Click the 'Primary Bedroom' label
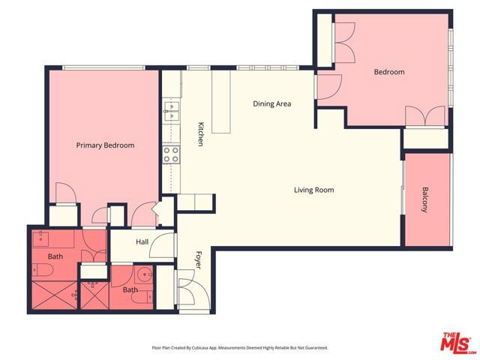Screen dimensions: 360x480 (x=105, y=145)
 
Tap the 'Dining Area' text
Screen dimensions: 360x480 (x=271, y=104)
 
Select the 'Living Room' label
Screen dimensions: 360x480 (x=313, y=190)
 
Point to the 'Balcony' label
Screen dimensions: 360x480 (x=424, y=199)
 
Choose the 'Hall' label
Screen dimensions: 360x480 (x=142, y=242)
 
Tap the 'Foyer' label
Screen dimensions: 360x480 (x=199, y=259)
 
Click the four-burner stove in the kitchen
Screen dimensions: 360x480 (x=171, y=154)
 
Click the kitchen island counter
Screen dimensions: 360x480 (x=221, y=102)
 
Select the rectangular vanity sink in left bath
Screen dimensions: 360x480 (x=42, y=241)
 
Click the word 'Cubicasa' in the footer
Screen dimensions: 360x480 (x=209, y=348)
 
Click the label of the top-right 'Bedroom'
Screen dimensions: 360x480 (x=389, y=72)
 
